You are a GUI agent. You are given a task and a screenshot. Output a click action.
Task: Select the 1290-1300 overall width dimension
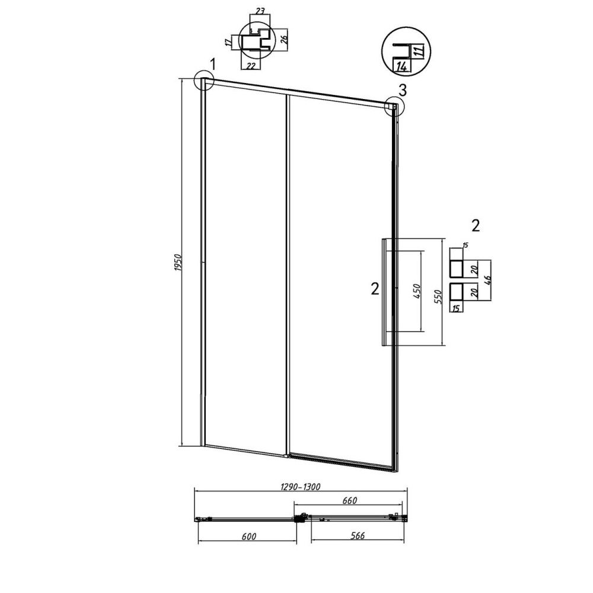[x=300, y=486]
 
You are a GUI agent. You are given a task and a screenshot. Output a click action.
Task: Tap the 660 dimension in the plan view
[x=349, y=500]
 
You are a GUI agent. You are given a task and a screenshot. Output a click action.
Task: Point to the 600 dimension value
[x=249, y=536]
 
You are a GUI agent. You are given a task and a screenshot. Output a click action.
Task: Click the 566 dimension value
[x=358, y=535]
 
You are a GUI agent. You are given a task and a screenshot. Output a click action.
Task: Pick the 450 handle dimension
[x=417, y=291]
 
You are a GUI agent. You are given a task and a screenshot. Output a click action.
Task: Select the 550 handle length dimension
[x=438, y=297]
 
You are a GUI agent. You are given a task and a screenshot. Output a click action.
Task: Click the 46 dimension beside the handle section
[x=487, y=280]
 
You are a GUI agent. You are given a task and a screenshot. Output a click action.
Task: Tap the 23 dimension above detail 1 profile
[x=260, y=11]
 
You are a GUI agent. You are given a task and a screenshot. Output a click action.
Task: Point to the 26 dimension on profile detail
[x=285, y=38]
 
